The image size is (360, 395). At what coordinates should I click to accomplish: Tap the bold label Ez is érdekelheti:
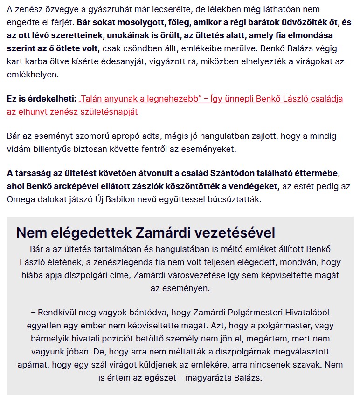(x=41, y=99)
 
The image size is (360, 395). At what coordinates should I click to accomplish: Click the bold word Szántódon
(x=231, y=173)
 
